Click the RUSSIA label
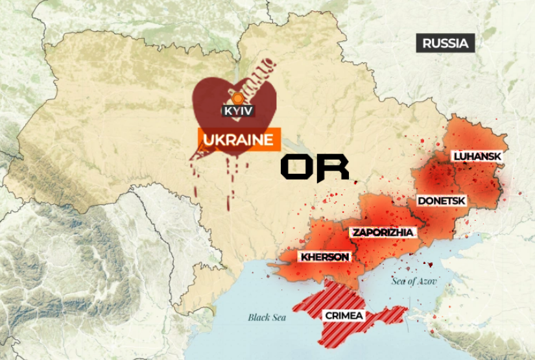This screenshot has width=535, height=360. click(x=445, y=43)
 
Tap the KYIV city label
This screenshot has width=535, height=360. click(x=237, y=111)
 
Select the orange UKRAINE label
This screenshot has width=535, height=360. click(x=239, y=139)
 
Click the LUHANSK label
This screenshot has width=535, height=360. click(x=477, y=156)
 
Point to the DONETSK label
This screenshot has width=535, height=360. click(x=441, y=200)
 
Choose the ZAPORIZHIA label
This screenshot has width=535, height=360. click(x=382, y=232)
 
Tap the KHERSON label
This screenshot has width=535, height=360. click(x=324, y=257)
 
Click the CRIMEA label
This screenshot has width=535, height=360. click(x=344, y=316)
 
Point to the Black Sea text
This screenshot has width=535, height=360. click(x=267, y=317)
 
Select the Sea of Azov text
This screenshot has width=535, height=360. click(x=414, y=282)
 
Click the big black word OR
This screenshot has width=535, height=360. click(x=315, y=168)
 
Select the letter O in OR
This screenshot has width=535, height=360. click(x=297, y=168)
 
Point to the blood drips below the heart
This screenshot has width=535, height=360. click(x=229, y=185)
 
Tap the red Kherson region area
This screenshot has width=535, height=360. click(x=311, y=243)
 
